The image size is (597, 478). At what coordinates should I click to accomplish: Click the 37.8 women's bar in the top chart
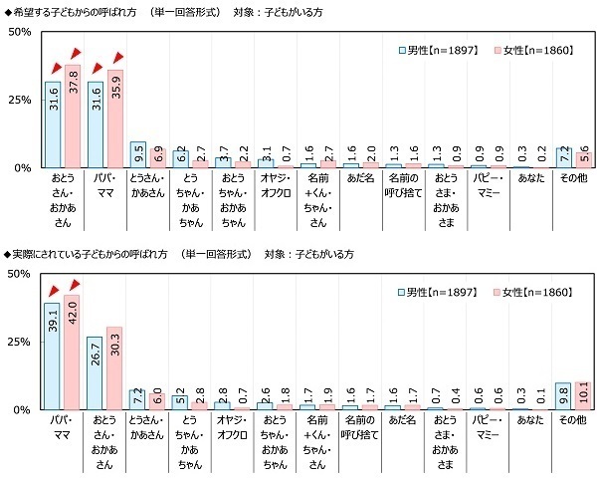point(73,117)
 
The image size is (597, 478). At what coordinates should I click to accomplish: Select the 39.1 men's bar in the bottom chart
point(52,357)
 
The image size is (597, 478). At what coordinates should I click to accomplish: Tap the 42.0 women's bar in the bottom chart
point(73,353)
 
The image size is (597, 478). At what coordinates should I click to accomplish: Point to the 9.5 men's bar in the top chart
point(137,155)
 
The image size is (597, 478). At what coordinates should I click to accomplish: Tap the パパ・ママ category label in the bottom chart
point(62,421)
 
